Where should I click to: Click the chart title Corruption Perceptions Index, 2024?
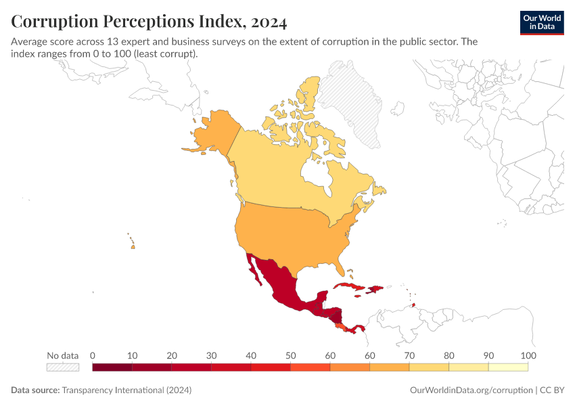(149, 22)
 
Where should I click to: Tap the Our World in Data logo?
(541, 22)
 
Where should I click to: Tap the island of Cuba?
(349, 288)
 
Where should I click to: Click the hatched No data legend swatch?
(63, 367)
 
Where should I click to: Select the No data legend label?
(63, 356)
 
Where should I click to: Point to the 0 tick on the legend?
(93, 356)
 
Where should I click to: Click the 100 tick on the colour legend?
(528, 356)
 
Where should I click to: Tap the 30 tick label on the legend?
(211, 356)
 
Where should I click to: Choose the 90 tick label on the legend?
(488, 356)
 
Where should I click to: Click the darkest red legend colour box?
(112, 367)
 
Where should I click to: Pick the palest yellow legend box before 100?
(508, 367)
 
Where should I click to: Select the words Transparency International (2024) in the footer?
(127, 390)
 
